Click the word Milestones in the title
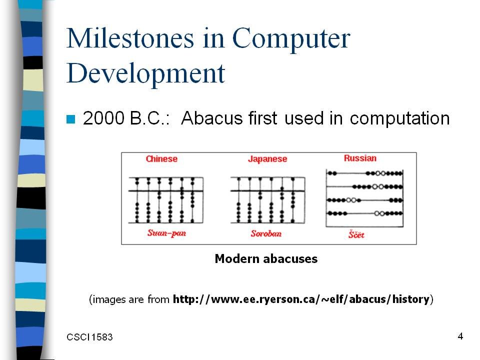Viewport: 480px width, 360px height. click(130, 38)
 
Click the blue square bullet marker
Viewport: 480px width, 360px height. click(70, 119)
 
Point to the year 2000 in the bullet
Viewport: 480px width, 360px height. click(103, 118)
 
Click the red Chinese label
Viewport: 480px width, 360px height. click(161, 159)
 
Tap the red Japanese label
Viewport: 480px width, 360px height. click(267, 159)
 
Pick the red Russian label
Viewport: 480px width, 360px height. click(360, 158)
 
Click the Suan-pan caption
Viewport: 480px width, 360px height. click(166, 233)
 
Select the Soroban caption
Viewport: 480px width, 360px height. click(266, 233)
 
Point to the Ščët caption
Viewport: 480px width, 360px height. click(356, 234)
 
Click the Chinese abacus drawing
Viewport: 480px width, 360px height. click(165, 200)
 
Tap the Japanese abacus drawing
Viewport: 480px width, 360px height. click(268, 200)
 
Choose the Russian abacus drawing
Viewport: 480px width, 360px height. click(364, 198)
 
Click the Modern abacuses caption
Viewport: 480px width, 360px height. click(266, 259)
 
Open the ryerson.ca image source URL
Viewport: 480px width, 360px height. click(301, 299)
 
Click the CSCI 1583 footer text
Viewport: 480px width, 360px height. click(89, 337)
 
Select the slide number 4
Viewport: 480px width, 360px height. click(460, 336)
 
